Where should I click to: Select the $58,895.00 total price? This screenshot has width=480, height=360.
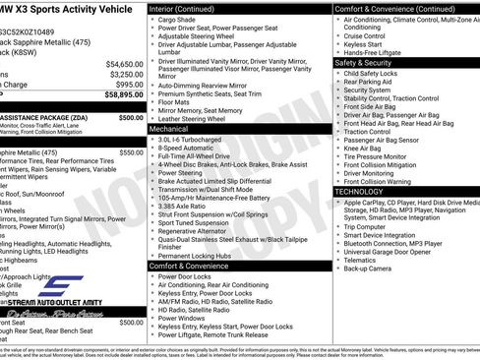click(x=121, y=95)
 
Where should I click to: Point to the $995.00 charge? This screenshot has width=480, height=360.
click(x=129, y=85)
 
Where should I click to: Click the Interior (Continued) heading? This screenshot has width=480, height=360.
click(x=190, y=8)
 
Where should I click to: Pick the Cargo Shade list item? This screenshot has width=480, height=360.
click(x=178, y=19)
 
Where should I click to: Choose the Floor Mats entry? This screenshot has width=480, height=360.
click(x=175, y=101)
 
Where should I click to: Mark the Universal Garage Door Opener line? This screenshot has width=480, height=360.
click(x=392, y=251)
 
